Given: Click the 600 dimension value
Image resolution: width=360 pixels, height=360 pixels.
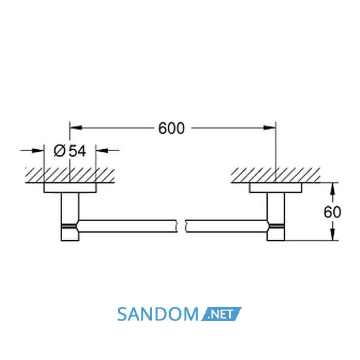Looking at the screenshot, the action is click(171, 128).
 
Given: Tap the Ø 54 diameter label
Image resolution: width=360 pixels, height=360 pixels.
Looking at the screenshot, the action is click(70, 151).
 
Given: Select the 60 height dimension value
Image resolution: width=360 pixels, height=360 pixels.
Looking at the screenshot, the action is click(332, 212).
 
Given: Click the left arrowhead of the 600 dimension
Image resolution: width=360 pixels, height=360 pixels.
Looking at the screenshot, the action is click(76, 128).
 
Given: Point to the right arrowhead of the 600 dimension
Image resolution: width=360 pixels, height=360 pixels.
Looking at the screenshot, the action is click(269, 128).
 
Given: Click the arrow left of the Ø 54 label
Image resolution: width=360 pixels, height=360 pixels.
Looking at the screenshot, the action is click(32, 151).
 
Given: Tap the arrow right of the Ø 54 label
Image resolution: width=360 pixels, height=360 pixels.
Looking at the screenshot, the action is click(107, 151).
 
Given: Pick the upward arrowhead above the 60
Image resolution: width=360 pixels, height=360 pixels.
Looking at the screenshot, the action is click(333, 189).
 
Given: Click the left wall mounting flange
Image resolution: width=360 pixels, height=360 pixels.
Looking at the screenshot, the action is click(70, 188).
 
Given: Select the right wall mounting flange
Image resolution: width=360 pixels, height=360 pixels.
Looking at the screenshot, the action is click(276, 188).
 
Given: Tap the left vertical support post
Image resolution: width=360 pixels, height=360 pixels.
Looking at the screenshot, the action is click(70, 217).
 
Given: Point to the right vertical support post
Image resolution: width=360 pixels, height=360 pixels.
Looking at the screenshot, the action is click(276, 217).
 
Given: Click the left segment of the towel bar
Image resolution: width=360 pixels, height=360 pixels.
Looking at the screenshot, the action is click(128, 226).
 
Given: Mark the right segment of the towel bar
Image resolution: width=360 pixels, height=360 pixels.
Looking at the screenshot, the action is click(227, 226).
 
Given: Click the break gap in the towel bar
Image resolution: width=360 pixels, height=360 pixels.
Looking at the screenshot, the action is click(182, 226).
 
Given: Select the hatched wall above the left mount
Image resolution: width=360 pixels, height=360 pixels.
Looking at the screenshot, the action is click(70, 175).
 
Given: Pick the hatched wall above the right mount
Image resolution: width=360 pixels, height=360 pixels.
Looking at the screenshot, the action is click(276, 175).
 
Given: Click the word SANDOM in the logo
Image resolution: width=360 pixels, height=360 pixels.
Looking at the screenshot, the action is click(158, 314).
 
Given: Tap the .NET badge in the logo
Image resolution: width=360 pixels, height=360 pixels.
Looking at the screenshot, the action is click(221, 314).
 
